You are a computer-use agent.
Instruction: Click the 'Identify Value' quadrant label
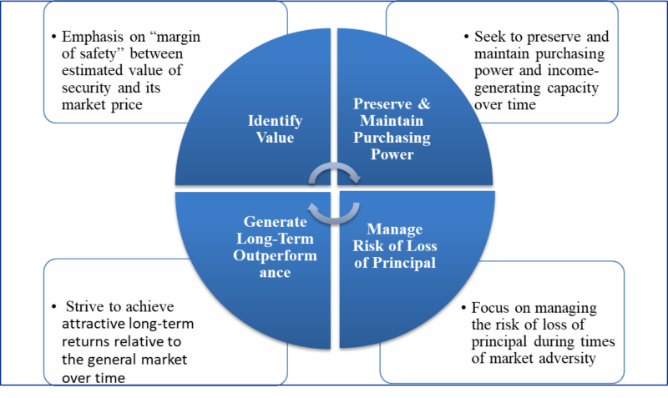pos(276,129)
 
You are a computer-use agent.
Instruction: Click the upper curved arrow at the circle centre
pos(334,174)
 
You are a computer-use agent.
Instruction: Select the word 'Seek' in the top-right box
pos(490,38)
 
